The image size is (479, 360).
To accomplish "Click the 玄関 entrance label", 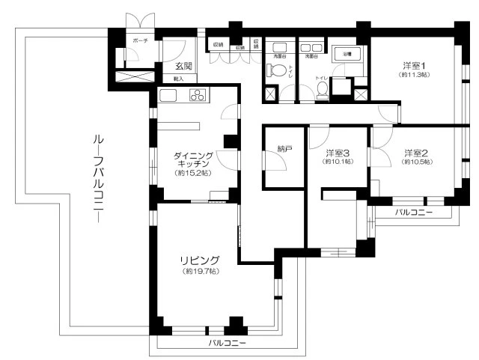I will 174,67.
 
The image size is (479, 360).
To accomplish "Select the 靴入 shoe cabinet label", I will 178,78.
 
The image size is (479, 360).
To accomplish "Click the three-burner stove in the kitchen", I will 198,95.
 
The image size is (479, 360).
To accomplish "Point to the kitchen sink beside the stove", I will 168,95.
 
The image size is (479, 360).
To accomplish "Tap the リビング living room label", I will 199,260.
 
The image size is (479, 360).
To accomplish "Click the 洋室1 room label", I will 412,65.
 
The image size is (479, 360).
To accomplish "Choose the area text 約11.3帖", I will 412,75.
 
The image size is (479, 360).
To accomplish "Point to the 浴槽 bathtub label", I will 347,55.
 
